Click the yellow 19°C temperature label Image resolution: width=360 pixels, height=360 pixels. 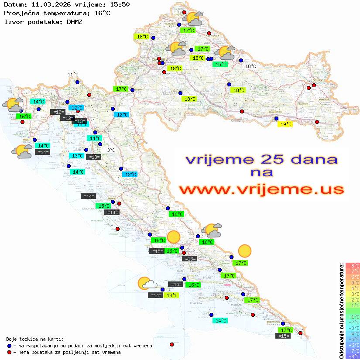coord(286,124)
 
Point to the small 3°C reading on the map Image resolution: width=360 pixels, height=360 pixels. coord(111,150)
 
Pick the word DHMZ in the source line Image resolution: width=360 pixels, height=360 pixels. coord(74,21)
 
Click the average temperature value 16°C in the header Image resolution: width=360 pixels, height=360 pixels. coord(102,13)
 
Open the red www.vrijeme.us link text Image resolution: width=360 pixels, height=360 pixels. coord(261,189)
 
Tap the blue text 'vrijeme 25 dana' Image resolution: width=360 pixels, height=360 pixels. coord(261,159)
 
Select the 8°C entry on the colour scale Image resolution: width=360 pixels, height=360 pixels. coord(353,265)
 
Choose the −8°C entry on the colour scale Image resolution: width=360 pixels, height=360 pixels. coord(353,356)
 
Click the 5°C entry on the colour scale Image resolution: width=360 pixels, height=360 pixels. coord(353,282)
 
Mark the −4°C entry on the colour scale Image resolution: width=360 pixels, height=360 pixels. coord(353,333)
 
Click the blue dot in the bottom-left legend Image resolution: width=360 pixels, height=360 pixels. coord(9,346)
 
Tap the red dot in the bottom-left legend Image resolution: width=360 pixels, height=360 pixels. coord(9,352)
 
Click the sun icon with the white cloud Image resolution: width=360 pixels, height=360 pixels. coord(147,284)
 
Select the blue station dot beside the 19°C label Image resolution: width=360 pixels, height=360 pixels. coord(276,118)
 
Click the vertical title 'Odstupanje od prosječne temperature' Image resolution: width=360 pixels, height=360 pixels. coord(341,311)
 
